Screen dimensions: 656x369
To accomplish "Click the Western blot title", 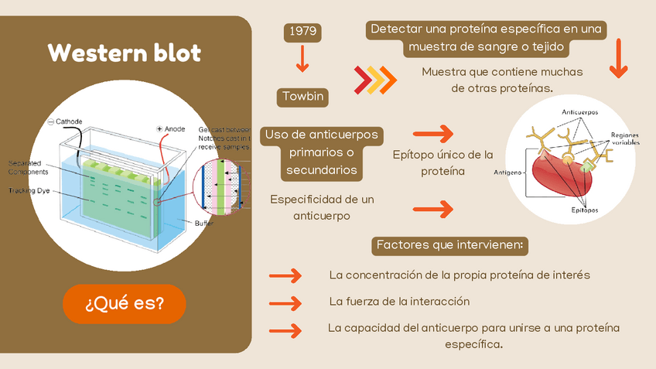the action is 124,53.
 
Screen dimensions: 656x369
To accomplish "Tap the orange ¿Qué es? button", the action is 125,303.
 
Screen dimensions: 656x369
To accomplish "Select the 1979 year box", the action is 302,32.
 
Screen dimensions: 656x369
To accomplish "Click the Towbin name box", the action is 302,97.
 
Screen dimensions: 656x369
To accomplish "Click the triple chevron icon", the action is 375,79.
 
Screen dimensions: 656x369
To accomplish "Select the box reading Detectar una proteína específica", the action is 487,39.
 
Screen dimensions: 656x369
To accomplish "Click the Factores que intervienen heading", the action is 449,246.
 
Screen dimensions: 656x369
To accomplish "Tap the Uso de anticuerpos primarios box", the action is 321,152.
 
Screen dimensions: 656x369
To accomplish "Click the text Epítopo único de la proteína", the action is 442,162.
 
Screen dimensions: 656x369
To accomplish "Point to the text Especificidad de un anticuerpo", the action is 322,207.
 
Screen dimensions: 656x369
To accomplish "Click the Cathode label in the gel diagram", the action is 68,121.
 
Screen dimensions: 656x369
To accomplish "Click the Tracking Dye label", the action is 29,190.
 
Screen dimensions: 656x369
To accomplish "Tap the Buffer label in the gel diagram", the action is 204,223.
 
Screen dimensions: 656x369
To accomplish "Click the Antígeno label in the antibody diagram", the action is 507,172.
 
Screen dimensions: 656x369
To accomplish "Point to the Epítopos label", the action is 585,209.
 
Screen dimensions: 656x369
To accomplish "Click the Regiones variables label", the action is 625,138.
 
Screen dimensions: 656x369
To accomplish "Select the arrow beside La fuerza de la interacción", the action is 284,302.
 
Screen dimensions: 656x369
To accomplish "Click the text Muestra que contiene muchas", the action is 502,72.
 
